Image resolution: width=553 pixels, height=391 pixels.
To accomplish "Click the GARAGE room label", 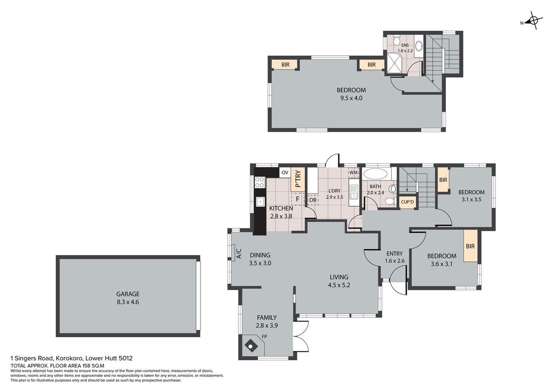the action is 128,294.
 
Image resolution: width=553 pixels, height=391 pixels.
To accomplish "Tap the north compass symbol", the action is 533,21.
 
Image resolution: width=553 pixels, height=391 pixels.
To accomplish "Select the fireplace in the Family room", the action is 251,346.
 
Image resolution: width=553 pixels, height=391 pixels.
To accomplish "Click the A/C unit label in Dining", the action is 239,254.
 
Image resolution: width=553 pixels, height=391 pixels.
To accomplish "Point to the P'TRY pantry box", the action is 298,179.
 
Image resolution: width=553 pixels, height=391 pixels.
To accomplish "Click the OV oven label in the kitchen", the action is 285,173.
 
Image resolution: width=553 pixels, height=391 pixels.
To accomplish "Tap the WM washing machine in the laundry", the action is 354,173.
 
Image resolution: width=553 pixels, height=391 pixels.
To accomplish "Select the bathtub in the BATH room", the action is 376,174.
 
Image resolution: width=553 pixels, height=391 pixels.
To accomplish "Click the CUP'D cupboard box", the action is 408,202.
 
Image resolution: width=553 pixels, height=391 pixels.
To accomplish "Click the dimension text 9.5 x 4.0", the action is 351,98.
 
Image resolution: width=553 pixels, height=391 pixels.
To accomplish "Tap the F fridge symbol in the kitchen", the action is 298,199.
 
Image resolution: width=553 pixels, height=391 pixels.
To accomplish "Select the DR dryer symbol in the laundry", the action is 313,199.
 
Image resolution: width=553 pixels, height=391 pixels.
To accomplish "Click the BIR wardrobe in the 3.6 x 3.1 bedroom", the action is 470,246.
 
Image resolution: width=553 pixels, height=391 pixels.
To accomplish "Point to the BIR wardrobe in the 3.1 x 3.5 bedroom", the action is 443,180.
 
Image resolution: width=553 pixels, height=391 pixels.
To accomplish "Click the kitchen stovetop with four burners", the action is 260,182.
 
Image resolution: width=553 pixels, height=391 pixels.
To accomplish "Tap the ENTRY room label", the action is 394,254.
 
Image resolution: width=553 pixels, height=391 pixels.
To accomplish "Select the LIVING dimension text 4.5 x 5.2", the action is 339,285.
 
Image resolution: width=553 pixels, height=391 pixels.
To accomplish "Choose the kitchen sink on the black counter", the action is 260,202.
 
